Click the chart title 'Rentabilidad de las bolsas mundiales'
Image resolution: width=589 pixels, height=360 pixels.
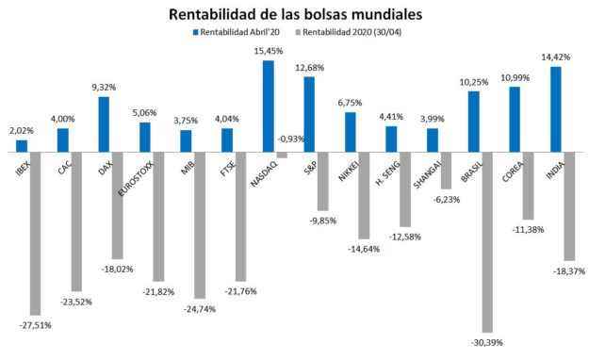(295, 15)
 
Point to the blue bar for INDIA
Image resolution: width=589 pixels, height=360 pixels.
(556, 108)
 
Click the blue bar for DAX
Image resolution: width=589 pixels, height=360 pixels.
(104, 123)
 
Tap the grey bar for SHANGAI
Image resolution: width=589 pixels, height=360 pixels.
(445, 170)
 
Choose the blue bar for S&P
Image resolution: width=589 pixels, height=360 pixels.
(309, 113)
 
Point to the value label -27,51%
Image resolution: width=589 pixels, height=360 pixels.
(36, 324)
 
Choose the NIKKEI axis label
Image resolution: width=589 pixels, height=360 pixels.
(351, 168)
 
